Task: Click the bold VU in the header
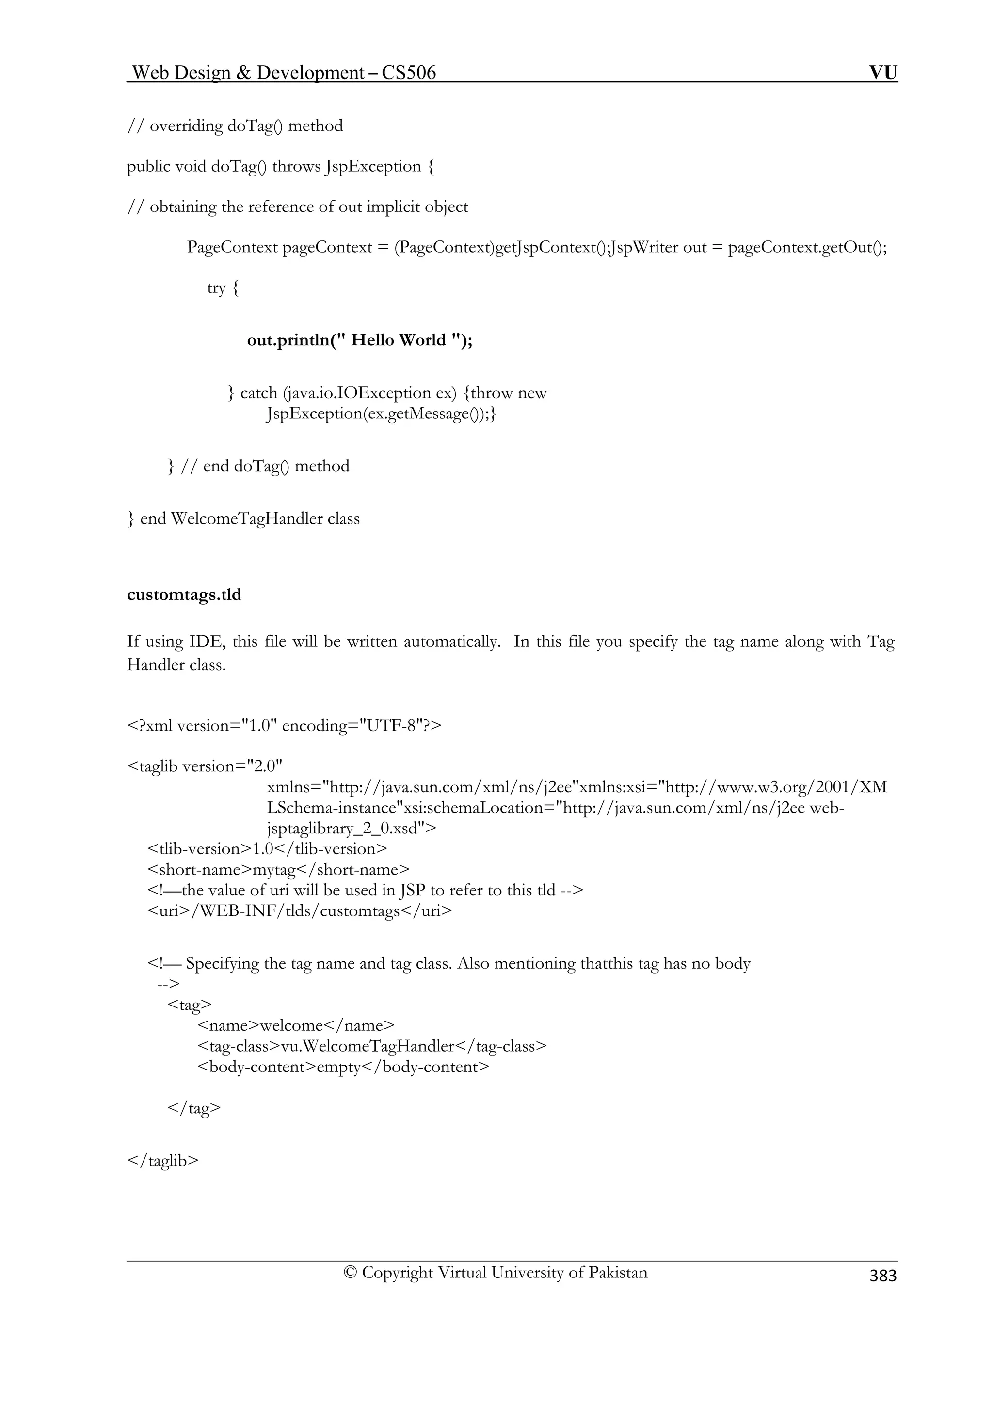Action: point(883,73)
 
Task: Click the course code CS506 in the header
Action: point(409,73)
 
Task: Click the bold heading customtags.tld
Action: point(184,595)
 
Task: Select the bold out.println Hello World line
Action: point(360,340)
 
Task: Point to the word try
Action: point(217,287)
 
